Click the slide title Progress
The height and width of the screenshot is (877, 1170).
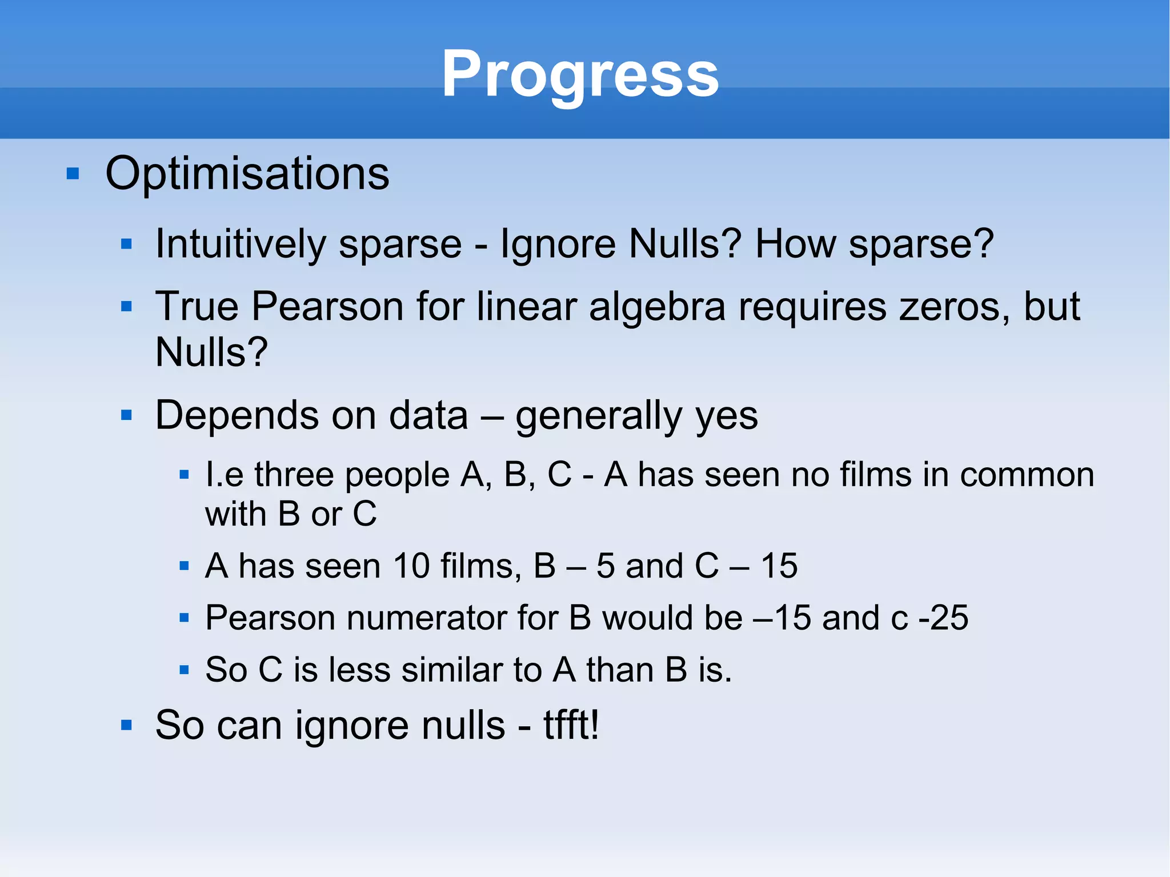(x=580, y=74)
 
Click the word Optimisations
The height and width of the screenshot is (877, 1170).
(x=247, y=173)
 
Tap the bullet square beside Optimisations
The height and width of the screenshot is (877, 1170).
(x=73, y=173)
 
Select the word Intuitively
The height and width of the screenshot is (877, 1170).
(x=241, y=245)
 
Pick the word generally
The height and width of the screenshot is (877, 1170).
(x=599, y=416)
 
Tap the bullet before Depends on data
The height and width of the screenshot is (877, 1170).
(x=127, y=415)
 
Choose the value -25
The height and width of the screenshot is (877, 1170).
(x=943, y=618)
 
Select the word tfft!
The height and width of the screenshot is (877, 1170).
(x=571, y=726)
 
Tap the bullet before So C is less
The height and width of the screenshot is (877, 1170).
(x=184, y=670)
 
